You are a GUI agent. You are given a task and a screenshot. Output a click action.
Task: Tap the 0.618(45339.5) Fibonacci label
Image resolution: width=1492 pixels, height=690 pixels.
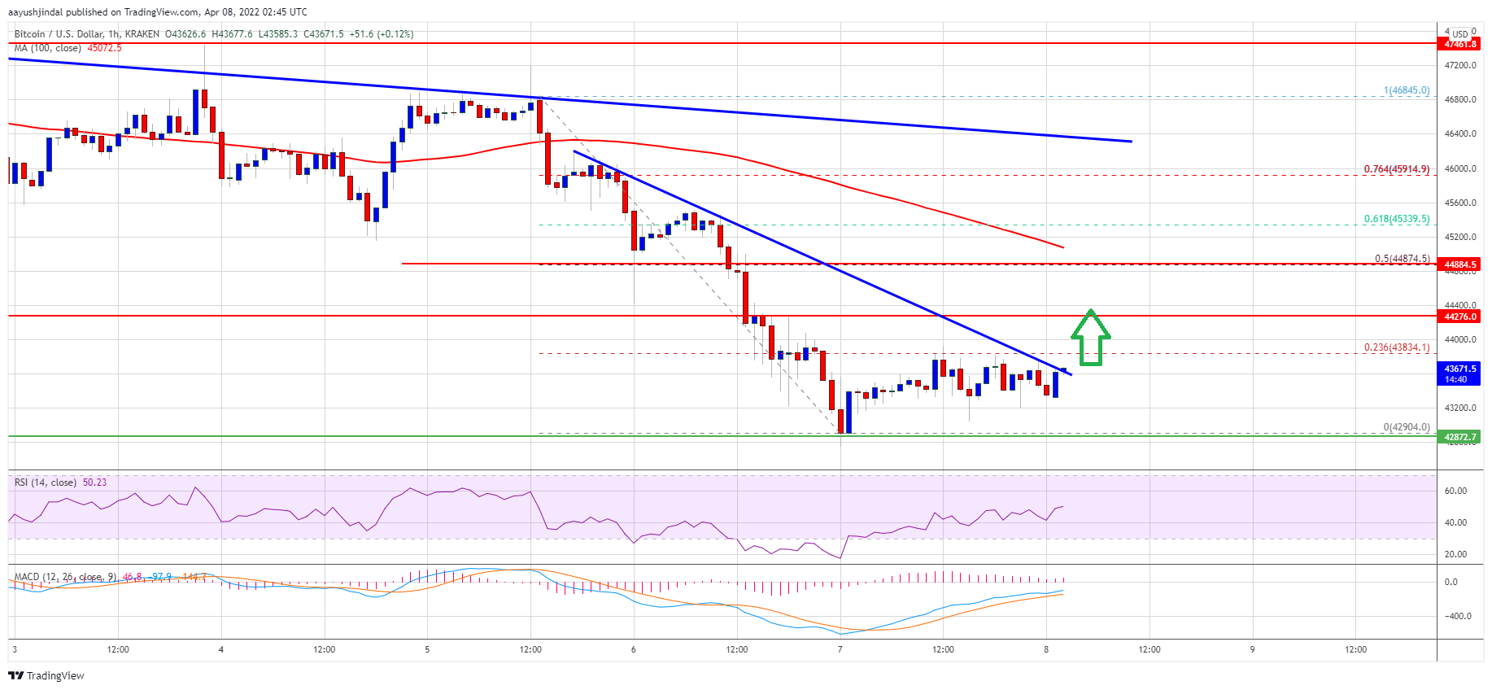pyautogui.click(x=1396, y=219)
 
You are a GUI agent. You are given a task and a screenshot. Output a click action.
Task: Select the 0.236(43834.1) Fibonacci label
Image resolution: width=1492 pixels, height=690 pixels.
pyautogui.click(x=1396, y=347)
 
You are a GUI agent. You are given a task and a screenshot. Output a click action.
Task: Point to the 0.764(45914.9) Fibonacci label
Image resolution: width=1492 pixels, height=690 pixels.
pyautogui.click(x=1396, y=169)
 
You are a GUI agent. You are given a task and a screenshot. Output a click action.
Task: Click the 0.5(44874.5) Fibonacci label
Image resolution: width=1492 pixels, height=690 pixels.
pyautogui.click(x=1402, y=259)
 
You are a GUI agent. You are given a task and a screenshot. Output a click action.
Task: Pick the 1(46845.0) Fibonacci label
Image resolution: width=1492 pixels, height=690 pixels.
pyautogui.click(x=1406, y=91)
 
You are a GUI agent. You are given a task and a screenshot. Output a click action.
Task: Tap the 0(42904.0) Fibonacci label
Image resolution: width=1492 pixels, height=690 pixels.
pyautogui.click(x=1406, y=427)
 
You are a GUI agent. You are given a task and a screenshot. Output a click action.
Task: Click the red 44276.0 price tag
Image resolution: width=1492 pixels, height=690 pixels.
pyautogui.click(x=1459, y=317)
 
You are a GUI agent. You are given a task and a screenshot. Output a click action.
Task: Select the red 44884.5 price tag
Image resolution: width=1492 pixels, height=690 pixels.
pyautogui.click(x=1459, y=264)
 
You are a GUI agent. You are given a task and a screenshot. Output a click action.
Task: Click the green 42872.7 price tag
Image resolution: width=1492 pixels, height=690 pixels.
pyautogui.click(x=1459, y=437)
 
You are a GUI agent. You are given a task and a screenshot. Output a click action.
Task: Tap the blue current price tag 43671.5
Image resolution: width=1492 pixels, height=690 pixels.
pyautogui.click(x=1459, y=373)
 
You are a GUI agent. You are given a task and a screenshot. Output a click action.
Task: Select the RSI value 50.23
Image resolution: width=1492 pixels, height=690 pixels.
pyautogui.click(x=94, y=483)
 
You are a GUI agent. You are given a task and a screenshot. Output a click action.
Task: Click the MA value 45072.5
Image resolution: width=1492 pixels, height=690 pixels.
pyautogui.click(x=104, y=48)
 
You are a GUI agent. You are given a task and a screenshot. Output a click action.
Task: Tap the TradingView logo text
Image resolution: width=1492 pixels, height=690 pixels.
pyautogui.click(x=55, y=675)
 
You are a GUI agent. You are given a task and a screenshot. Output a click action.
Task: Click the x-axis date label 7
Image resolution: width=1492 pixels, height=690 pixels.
pyautogui.click(x=840, y=649)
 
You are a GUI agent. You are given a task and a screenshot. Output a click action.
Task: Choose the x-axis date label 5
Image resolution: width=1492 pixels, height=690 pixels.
pyautogui.click(x=427, y=649)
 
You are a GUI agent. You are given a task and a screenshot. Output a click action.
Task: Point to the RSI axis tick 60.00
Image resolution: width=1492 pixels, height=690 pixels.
pyautogui.click(x=1455, y=491)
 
